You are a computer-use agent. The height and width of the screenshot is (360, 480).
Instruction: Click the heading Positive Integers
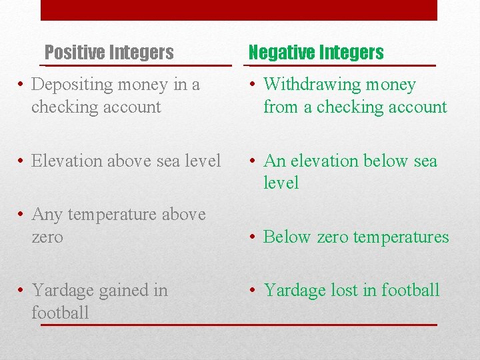coord(109,52)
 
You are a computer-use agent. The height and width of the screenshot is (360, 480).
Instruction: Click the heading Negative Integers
coord(316,52)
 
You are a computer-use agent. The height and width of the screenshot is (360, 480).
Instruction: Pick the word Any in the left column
coord(46,214)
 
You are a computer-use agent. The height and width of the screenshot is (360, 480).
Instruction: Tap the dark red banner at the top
coord(239,10)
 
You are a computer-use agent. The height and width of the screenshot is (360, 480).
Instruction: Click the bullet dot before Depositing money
coord(22,85)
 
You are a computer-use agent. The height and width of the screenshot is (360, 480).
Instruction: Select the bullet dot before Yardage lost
coord(254,290)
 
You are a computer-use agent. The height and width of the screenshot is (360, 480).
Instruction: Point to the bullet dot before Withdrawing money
coord(254,85)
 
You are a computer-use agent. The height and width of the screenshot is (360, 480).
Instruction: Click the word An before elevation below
coord(275,161)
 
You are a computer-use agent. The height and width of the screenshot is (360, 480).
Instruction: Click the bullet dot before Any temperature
coord(22,214)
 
